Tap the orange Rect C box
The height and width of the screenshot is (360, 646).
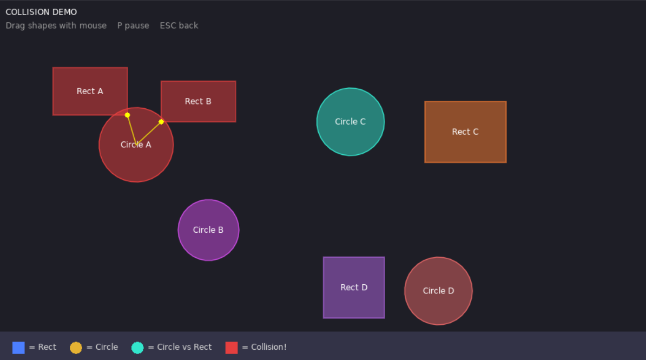point(465,132)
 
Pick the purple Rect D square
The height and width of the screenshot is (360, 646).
point(354,287)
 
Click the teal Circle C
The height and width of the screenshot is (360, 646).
point(351,122)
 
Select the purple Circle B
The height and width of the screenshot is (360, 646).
point(208,230)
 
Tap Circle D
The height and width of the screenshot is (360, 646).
point(438,291)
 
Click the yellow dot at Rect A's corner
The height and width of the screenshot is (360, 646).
point(127,115)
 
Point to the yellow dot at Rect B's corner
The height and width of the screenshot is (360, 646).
point(161,122)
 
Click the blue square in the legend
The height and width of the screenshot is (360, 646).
point(18,348)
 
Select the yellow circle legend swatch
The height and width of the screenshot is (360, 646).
point(76,348)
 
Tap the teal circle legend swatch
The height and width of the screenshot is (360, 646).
point(137,348)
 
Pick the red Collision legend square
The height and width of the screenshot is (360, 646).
point(232,348)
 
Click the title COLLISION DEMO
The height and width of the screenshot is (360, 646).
point(41,12)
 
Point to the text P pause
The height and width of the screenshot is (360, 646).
point(133,25)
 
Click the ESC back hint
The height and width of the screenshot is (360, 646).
point(179,25)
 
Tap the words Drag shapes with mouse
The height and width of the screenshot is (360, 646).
point(56,25)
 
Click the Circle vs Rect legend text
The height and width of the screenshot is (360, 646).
point(184,347)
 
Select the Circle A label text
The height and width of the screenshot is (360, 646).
point(136,145)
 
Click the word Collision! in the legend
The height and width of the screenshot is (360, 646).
point(268,347)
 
